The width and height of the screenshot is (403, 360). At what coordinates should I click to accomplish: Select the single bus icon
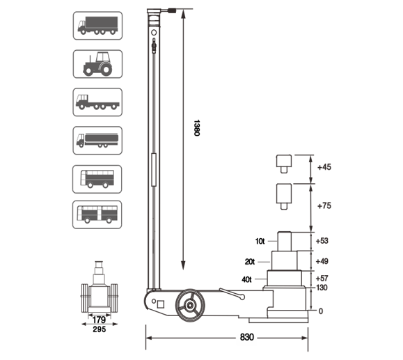click(x=97, y=178)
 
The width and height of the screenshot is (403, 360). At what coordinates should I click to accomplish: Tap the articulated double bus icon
click(x=97, y=214)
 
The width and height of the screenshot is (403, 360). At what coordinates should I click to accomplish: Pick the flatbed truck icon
click(x=97, y=102)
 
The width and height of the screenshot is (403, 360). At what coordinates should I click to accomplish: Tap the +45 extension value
click(x=324, y=167)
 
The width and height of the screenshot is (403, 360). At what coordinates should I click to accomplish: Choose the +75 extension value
click(x=324, y=206)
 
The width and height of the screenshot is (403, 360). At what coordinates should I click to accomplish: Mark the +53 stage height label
click(x=322, y=241)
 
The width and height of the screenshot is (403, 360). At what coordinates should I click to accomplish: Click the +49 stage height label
click(x=322, y=261)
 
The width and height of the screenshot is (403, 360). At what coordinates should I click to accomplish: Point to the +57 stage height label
click(x=322, y=278)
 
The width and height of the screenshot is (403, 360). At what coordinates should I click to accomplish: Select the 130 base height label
click(x=322, y=288)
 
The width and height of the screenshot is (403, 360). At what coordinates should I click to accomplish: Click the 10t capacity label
click(x=260, y=241)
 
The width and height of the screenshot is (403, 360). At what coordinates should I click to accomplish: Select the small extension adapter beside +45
click(x=282, y=163)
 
